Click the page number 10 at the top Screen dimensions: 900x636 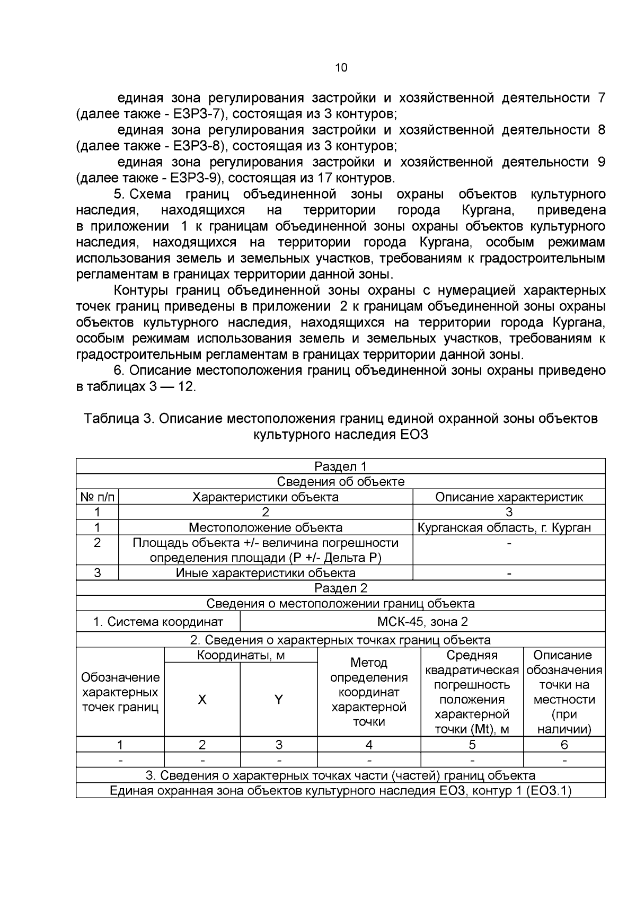tap(341, 68)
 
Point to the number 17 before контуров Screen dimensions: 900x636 tap(326, 178)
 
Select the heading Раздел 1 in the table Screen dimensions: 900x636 tap(340, 466)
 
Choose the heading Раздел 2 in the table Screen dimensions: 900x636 tap(340, 588)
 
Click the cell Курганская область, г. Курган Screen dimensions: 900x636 tap(503, 527)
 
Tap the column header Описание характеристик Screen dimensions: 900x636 tap(509, 497)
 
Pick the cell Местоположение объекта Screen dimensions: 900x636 tap(266, 527)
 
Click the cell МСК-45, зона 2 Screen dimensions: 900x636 tap(422, 622)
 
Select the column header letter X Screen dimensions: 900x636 tap(202, 700)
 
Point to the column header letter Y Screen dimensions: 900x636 tap(278, 700)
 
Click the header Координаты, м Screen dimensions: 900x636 tap(241, 656)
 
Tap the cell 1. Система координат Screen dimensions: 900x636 tap(158, 622)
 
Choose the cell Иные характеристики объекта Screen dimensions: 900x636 tap(266, 573)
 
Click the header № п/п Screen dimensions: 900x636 tap(97, 497)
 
